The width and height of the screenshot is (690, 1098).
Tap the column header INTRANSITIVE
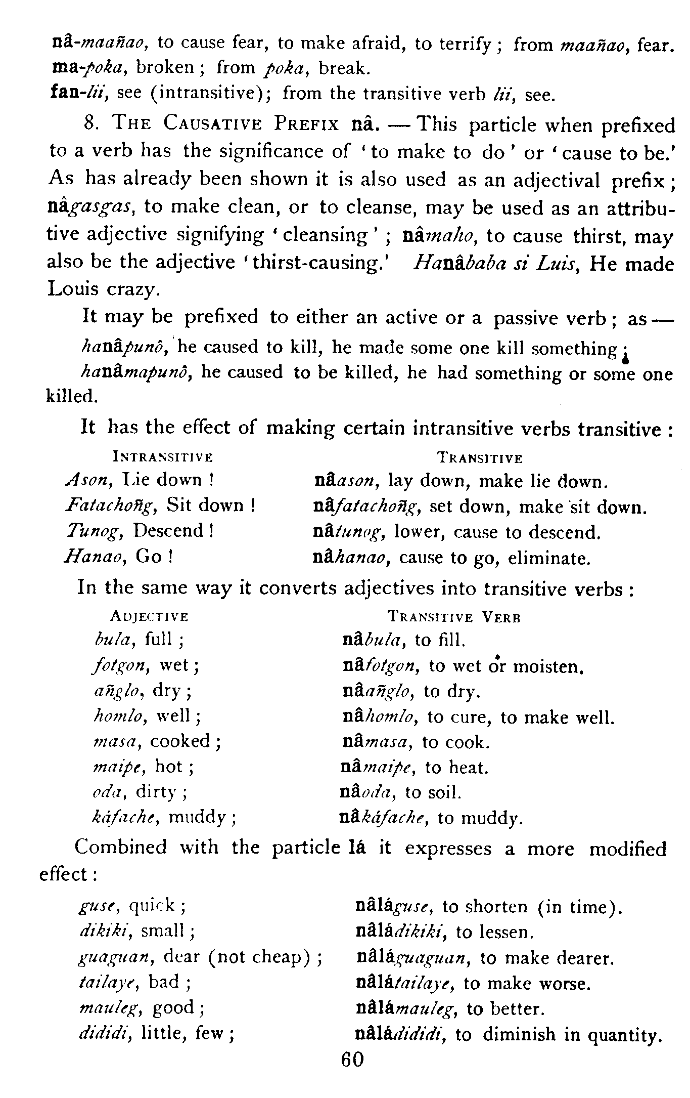coord(163,457)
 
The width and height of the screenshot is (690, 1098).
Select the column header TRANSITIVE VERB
coord(454,617)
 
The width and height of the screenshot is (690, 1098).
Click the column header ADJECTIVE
coord(149,617)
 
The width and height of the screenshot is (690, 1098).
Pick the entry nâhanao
coord(351,558)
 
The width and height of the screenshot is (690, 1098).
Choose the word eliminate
coord(549,558)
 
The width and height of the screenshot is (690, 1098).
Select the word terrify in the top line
coord(465,45)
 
